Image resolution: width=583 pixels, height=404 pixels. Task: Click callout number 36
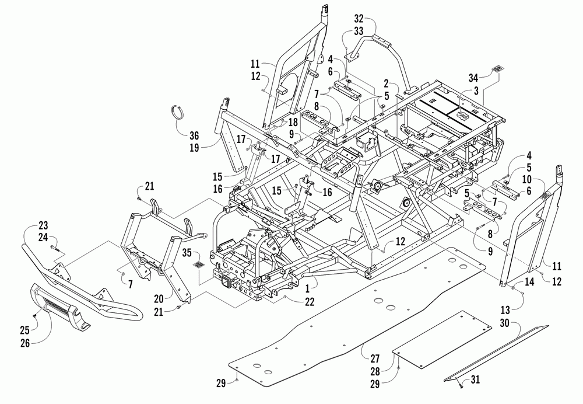pyautogui.click(x=194, y=135)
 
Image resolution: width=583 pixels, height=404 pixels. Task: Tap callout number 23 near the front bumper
pyautogui.click(x=43, y=225)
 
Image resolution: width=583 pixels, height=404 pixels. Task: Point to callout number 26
pyautogui.click(x=25, y=343)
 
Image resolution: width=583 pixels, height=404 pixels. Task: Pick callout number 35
pyautogui.click(x=187, y=253)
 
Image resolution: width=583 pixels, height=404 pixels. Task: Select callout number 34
pyautogui.click(x=473, y=78)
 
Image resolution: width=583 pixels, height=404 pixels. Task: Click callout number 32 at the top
pyautogui.click(x=359, y=18)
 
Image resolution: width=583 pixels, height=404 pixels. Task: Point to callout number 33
pyautogui.click(x=359, y=30)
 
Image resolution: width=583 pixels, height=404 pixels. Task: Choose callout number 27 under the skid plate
pyautogui.click(x=375, y=358)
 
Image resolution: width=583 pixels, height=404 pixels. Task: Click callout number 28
pyautogui.click(x=375, y=371)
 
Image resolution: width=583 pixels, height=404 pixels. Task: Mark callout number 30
pyautogui.click(x=504, y=323)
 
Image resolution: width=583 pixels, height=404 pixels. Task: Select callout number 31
pyautogui.click(x=475, y=379)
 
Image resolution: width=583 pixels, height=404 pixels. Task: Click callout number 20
pyautogui.click(x=159, y=299)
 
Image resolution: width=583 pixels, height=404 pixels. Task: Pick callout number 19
pyautogui.click(x=194, y=148)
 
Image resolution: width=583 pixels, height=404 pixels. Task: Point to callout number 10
pyautogui.click(x=526, y=179)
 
